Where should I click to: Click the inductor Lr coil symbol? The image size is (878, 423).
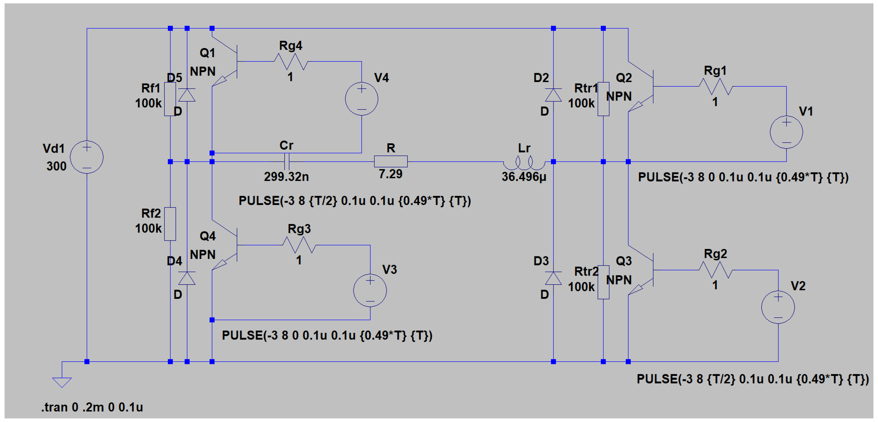click(x=524, y=163)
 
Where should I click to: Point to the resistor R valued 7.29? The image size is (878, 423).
click(x=391, y=161)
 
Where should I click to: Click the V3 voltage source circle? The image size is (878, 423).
click(x=370, y=290)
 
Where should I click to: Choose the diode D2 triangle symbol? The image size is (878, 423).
click(x=553, y=95)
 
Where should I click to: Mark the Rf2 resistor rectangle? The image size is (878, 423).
click(x=170, y=224)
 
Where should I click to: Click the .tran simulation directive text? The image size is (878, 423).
click(x=92, y=407)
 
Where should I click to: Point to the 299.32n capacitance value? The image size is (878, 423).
click(x=286, y=177)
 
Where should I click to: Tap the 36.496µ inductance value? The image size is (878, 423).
click(x=524, y=177)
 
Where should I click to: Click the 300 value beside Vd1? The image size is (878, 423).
click(x=57, y=166)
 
